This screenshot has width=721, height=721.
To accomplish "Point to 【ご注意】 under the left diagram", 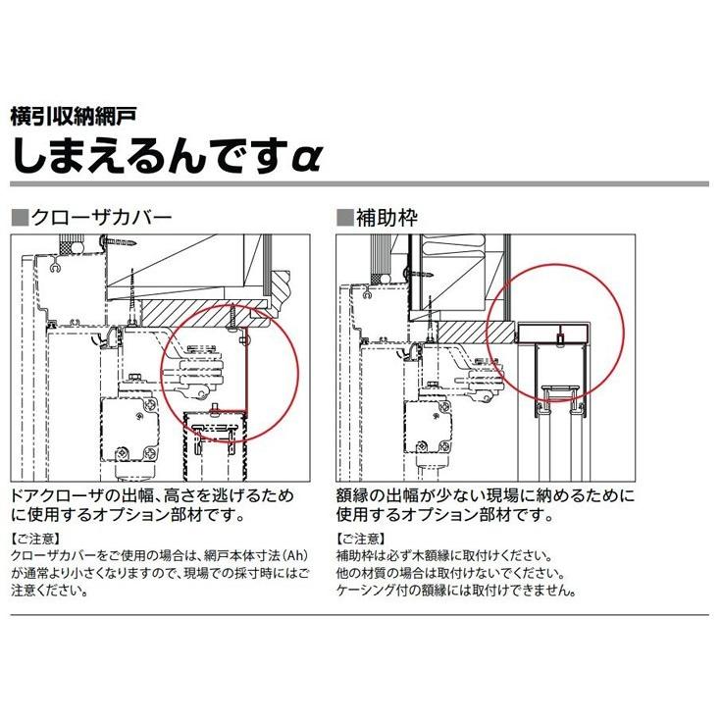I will (35, 539).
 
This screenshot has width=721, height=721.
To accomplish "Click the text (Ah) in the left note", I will (294, 556).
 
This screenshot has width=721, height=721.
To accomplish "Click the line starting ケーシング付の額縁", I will (456, 591).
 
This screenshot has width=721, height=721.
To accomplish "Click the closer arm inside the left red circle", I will (201, 368).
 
